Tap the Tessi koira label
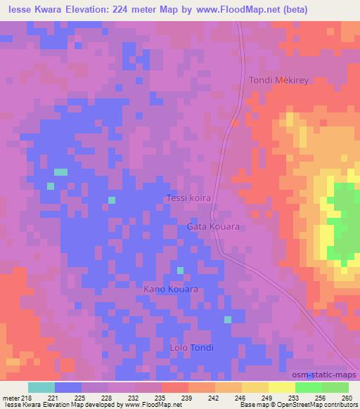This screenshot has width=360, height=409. point(189,198)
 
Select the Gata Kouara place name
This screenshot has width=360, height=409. point(213,227)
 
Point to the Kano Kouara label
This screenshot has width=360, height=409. point(171,289)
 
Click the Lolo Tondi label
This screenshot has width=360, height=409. point(192,348)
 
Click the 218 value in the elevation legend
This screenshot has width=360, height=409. point(27,397)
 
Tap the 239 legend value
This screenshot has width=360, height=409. point(187,397)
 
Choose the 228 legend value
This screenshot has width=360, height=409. point(107,397)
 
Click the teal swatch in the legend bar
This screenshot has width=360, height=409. point(41,387)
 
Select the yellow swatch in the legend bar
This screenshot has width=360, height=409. point(281,387)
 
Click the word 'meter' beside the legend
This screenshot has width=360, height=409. point(10,397)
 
